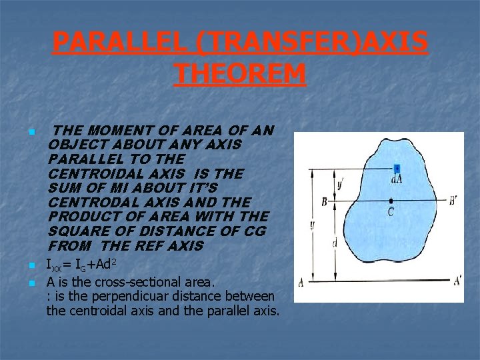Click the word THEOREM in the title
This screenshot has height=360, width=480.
point(240,73)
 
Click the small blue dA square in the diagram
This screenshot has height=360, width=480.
point(397,169)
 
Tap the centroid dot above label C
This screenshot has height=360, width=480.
point(391,200)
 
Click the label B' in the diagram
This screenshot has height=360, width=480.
point(453,200)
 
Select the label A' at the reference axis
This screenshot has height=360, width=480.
point(457,281)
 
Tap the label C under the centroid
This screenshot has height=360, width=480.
point(391,212)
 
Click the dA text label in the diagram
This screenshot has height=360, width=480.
point(397,179)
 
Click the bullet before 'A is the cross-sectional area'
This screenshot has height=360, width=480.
point(31,282)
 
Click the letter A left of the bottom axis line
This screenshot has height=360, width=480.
point(301,282)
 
